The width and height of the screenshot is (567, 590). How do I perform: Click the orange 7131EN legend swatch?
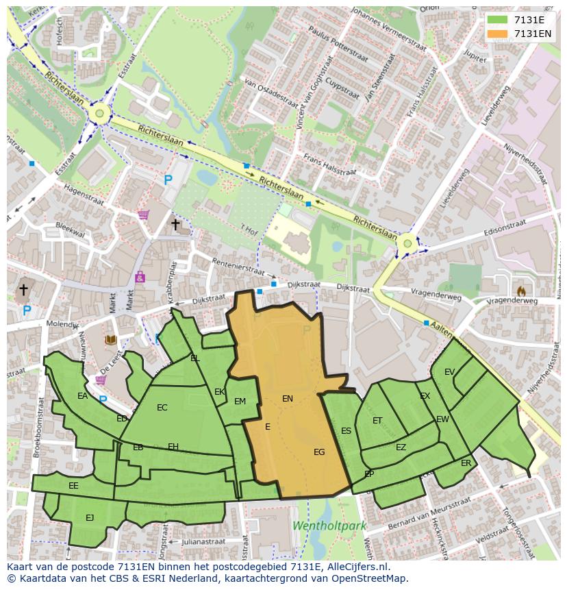498,34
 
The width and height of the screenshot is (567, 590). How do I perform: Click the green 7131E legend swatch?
498,20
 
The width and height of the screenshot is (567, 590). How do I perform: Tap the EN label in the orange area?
288,398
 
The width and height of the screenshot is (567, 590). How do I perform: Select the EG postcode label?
319,452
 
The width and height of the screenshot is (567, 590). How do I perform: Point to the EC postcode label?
162,408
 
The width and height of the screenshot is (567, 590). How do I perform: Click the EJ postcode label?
90,517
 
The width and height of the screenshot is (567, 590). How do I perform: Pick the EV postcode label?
449,372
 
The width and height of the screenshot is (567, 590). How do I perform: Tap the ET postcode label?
377,421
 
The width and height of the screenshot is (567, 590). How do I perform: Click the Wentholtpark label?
329,526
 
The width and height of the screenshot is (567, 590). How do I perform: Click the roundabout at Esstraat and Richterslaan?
99,114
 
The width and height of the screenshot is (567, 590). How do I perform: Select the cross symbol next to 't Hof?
175,224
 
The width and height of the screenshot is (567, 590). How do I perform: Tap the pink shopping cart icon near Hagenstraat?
143,214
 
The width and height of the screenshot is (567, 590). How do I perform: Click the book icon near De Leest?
110,340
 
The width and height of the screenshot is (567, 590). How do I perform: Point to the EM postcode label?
240,402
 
